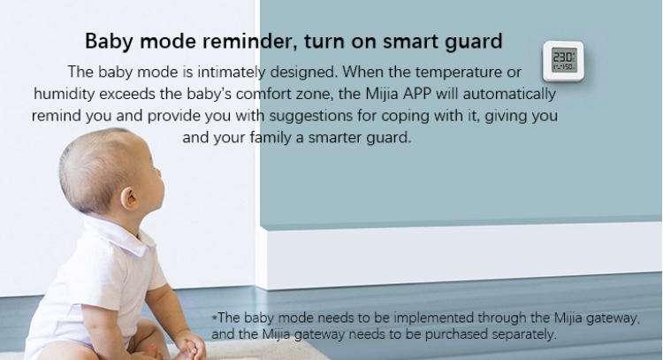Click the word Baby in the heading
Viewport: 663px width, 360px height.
[x=109, y=42]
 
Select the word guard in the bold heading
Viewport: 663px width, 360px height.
[x=474, y=42]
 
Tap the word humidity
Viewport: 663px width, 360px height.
[x=65, y=94]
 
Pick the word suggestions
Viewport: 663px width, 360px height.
[x=311, y=116]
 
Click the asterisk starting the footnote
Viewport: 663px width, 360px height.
[x=215, y=316]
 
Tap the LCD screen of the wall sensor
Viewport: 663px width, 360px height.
[x=564, y=60]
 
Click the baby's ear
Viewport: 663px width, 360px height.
[x=129, y=198]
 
